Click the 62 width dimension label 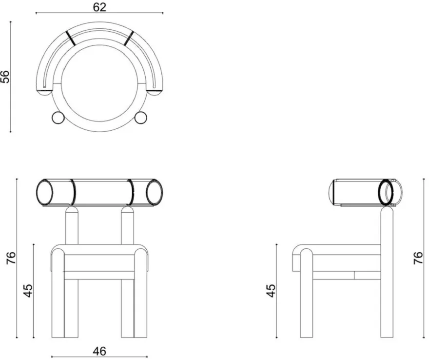point(99,7)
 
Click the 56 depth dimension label point(5,77)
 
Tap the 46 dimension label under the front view point(99,351)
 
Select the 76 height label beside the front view point(11,258)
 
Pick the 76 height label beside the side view point(418,258)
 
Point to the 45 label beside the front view point(28,291)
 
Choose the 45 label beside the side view point(271,291)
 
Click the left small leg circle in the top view point(58,118)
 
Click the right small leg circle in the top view point(141,118)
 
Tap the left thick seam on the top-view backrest point(70,38)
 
